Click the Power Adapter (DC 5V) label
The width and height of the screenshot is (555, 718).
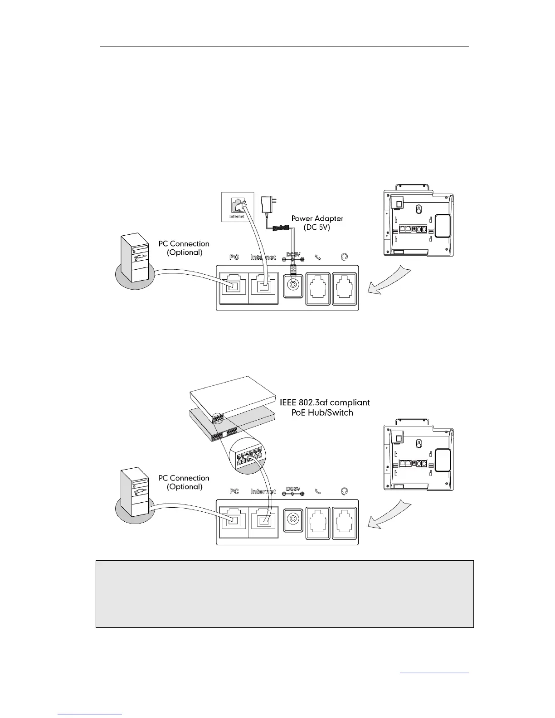[x=317, y=223]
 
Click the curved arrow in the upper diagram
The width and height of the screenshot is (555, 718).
[x=390, y=281]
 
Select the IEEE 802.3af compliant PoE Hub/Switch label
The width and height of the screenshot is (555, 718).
[x=324, y=407]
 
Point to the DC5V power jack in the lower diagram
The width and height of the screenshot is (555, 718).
[x=292, y=519]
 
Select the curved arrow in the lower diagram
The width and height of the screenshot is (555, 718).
[x=390, y=515]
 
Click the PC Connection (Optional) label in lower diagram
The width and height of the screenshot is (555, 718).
[x=184, y=482]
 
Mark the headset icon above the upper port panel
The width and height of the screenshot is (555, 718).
[x=344, y=257]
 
